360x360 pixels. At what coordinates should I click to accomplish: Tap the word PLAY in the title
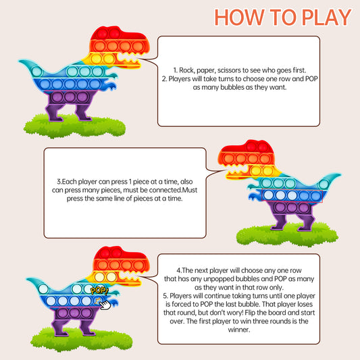326,17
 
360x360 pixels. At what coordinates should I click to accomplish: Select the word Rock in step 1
186,70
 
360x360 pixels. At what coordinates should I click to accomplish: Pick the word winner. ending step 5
239,330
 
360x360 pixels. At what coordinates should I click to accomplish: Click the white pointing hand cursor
105,305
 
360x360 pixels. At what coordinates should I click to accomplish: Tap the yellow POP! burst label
99,291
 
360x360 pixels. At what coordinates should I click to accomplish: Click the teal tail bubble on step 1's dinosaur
36,71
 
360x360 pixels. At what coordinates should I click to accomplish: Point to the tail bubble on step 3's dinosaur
324,184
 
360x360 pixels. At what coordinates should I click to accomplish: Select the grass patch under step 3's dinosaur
287,235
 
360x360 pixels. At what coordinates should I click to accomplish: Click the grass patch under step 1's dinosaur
74,126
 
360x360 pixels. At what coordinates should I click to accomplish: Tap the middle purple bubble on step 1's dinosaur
70,97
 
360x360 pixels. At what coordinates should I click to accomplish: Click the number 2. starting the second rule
164,79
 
